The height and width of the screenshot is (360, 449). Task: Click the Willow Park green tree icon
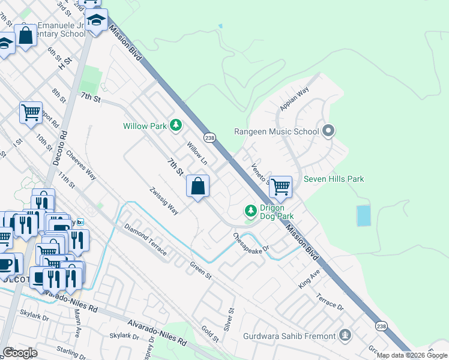point(176,125)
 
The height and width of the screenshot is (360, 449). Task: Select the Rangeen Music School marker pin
point(328,131)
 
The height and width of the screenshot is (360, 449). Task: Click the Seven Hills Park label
point(334,179)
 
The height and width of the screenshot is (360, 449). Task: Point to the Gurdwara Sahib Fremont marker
point(345,335)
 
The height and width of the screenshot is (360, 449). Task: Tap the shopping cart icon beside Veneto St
point(280,187)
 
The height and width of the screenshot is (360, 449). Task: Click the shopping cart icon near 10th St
point(31,112)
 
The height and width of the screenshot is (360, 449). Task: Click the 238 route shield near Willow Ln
point(209,137)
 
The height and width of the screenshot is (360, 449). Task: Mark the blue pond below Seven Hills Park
point(364,215)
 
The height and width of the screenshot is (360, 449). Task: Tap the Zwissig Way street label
point(164,201)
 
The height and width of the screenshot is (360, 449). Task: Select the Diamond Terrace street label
point(145,239)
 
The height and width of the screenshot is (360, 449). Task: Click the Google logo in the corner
point(20,353)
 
